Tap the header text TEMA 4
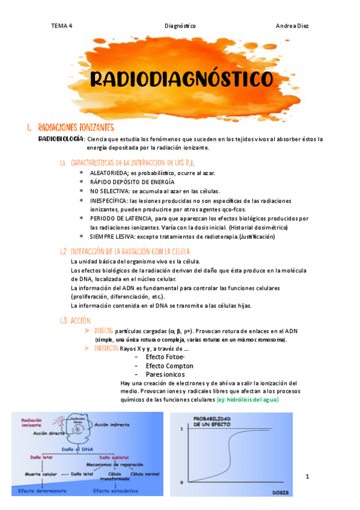click(61, 26)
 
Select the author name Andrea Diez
click(292, 26)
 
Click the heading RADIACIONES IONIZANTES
click(76, 128)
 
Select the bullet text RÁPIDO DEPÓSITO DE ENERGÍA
click(132, 182)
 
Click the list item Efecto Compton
click(169, 366)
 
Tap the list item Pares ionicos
click(165, 374)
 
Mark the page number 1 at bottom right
click(307, 477)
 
